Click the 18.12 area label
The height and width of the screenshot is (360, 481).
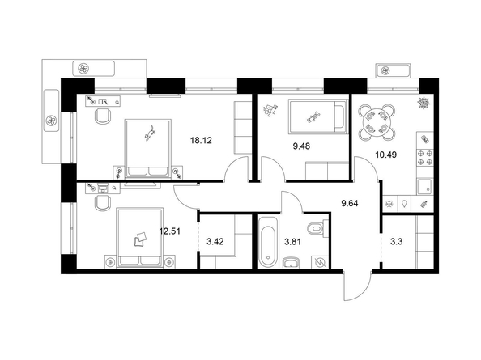[x=201, y=141]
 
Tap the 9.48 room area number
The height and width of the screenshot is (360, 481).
[x=301, y=146]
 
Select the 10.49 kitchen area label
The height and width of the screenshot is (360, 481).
[x=386, y=155]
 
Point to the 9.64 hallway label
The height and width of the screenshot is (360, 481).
[x=350, y=203]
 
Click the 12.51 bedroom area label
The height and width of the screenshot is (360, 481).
[x=169, y=231]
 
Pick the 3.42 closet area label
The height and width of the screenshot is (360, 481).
[x=215, y=242]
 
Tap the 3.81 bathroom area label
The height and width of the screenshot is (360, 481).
[x=292, y=242]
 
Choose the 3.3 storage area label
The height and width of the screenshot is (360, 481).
[x=396, y=242]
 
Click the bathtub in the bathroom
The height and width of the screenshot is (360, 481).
[x=268, y=242]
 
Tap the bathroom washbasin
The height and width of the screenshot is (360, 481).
[x=291, y=263]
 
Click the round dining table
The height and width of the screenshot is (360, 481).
[x=377, y=122]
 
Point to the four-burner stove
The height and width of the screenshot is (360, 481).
[x=425, y=157]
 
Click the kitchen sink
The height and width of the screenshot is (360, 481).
[x=424, y=187]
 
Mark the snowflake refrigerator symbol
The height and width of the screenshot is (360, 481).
[x=389, y=204]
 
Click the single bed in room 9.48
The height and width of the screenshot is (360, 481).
[x=318, y=118]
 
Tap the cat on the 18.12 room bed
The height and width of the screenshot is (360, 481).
[x=151, y=133]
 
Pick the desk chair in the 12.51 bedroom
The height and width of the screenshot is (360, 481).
[x=103, y=203]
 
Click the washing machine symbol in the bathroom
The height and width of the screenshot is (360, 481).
[x=320, y=262]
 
